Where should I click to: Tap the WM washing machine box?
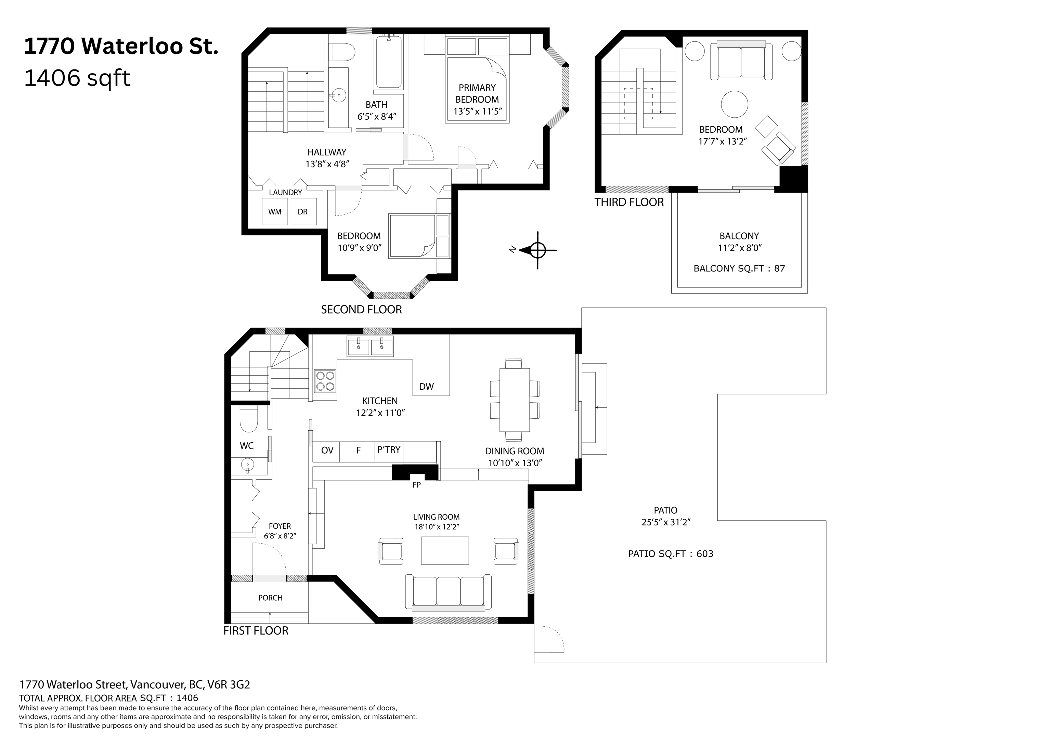pyautogui.click(x=275, y=211)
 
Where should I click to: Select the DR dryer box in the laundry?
pyautogui.click(x=303, y=211)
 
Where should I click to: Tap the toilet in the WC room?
pyautogui.click(x=249, y=419)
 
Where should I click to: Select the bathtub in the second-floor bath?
pyautogui.click(x=389, y=62)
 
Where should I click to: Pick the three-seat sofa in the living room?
pyautogui.click(x=448, y=592)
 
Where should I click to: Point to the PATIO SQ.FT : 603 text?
pyautogui.click(x=671, y=554)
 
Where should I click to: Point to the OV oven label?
pyautogui.click(x=327, y=451)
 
